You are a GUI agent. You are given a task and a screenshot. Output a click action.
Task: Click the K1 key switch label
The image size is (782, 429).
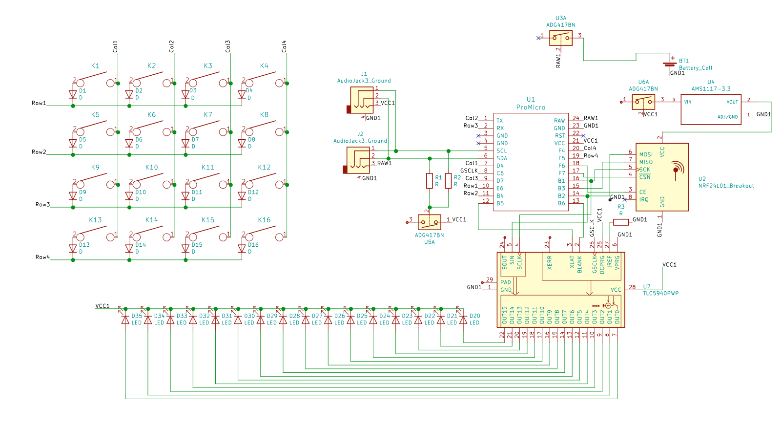[95, 66]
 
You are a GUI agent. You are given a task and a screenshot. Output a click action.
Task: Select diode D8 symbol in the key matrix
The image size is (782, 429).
[242, 143]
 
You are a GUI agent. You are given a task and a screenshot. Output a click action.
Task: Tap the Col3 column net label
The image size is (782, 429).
[227, 46]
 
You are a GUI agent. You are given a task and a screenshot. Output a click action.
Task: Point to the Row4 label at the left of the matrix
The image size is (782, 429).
[42, 257]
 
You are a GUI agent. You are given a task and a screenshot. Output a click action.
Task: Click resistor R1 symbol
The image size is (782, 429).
[430, 181]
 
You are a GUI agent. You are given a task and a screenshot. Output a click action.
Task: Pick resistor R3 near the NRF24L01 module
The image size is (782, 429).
[620, 222]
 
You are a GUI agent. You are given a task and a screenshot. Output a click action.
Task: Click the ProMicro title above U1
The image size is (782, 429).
[531, 107]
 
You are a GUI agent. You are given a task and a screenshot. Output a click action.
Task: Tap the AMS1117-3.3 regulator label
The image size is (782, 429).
[711, 89]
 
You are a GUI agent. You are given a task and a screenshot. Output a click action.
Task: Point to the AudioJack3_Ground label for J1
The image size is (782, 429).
[364, 81]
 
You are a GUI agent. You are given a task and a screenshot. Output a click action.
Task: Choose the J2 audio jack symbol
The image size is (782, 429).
[358, 160]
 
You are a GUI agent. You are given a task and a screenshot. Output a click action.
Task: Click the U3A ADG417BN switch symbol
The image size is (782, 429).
[561, 38]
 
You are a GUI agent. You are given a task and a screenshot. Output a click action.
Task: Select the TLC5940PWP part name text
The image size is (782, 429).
[660, 294]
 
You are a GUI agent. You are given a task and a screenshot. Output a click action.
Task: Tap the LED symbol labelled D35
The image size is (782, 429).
[125, 320]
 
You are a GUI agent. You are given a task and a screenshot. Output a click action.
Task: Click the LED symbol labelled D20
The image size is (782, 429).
[463, 320]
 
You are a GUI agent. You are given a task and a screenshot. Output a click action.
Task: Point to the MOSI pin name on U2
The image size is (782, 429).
[646, 154]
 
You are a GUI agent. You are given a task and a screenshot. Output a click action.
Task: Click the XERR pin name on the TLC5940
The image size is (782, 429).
[550, 263]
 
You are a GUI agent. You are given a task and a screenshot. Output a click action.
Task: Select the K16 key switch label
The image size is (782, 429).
[264, 220]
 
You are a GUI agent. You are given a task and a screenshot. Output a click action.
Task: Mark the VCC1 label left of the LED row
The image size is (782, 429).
[103, 306]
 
